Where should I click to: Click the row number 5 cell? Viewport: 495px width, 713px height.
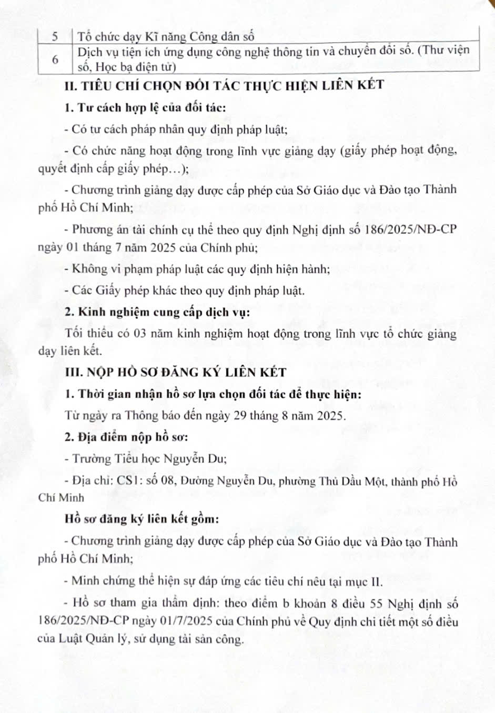[55, 37]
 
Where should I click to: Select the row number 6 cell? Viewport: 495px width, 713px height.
[55, 59]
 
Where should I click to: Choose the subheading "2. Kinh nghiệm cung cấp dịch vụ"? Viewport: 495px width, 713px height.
[157, 312]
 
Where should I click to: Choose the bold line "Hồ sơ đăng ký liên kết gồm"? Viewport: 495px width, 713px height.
[142, 519]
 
